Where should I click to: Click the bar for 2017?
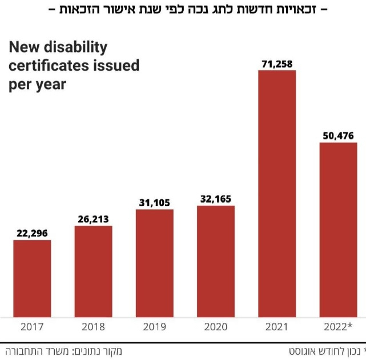[32, 278]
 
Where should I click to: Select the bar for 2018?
[93, 272]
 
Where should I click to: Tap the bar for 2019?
[154, 263]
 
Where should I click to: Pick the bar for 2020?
[216, 261]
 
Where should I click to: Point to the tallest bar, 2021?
[277, 194]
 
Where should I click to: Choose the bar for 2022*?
[338, 229]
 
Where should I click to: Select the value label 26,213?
[93, 218]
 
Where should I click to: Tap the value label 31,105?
[154, 202]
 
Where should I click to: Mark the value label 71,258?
[277, 63]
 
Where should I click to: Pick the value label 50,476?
[338, 135]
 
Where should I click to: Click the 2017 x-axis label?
[32, 327]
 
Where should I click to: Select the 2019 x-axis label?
[154, 327]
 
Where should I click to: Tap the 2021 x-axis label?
[277, 327]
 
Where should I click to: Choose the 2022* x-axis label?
[338, 327]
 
